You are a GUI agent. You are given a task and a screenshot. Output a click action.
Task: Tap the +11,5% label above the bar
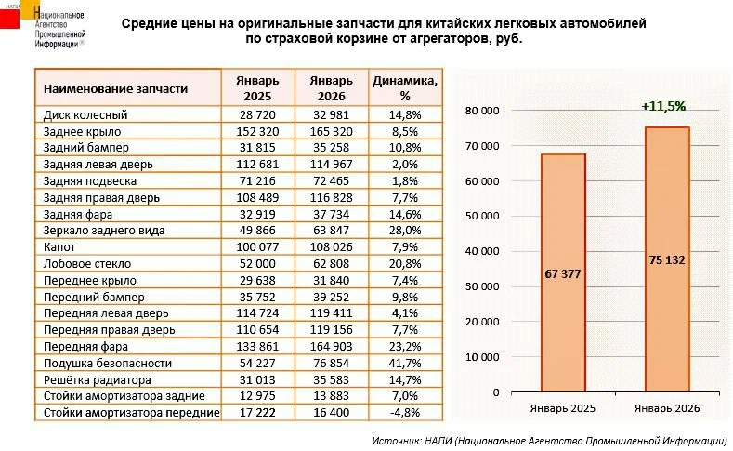[663, 107]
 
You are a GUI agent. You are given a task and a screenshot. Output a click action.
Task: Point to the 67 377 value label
[563, 275]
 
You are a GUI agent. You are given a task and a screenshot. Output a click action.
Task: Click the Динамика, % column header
[404, 87]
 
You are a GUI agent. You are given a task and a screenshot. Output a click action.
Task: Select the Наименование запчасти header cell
[116, 88]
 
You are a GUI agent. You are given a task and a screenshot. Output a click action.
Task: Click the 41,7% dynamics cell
[405, 364]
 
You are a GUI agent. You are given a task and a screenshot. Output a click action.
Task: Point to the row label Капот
[59, 248]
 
